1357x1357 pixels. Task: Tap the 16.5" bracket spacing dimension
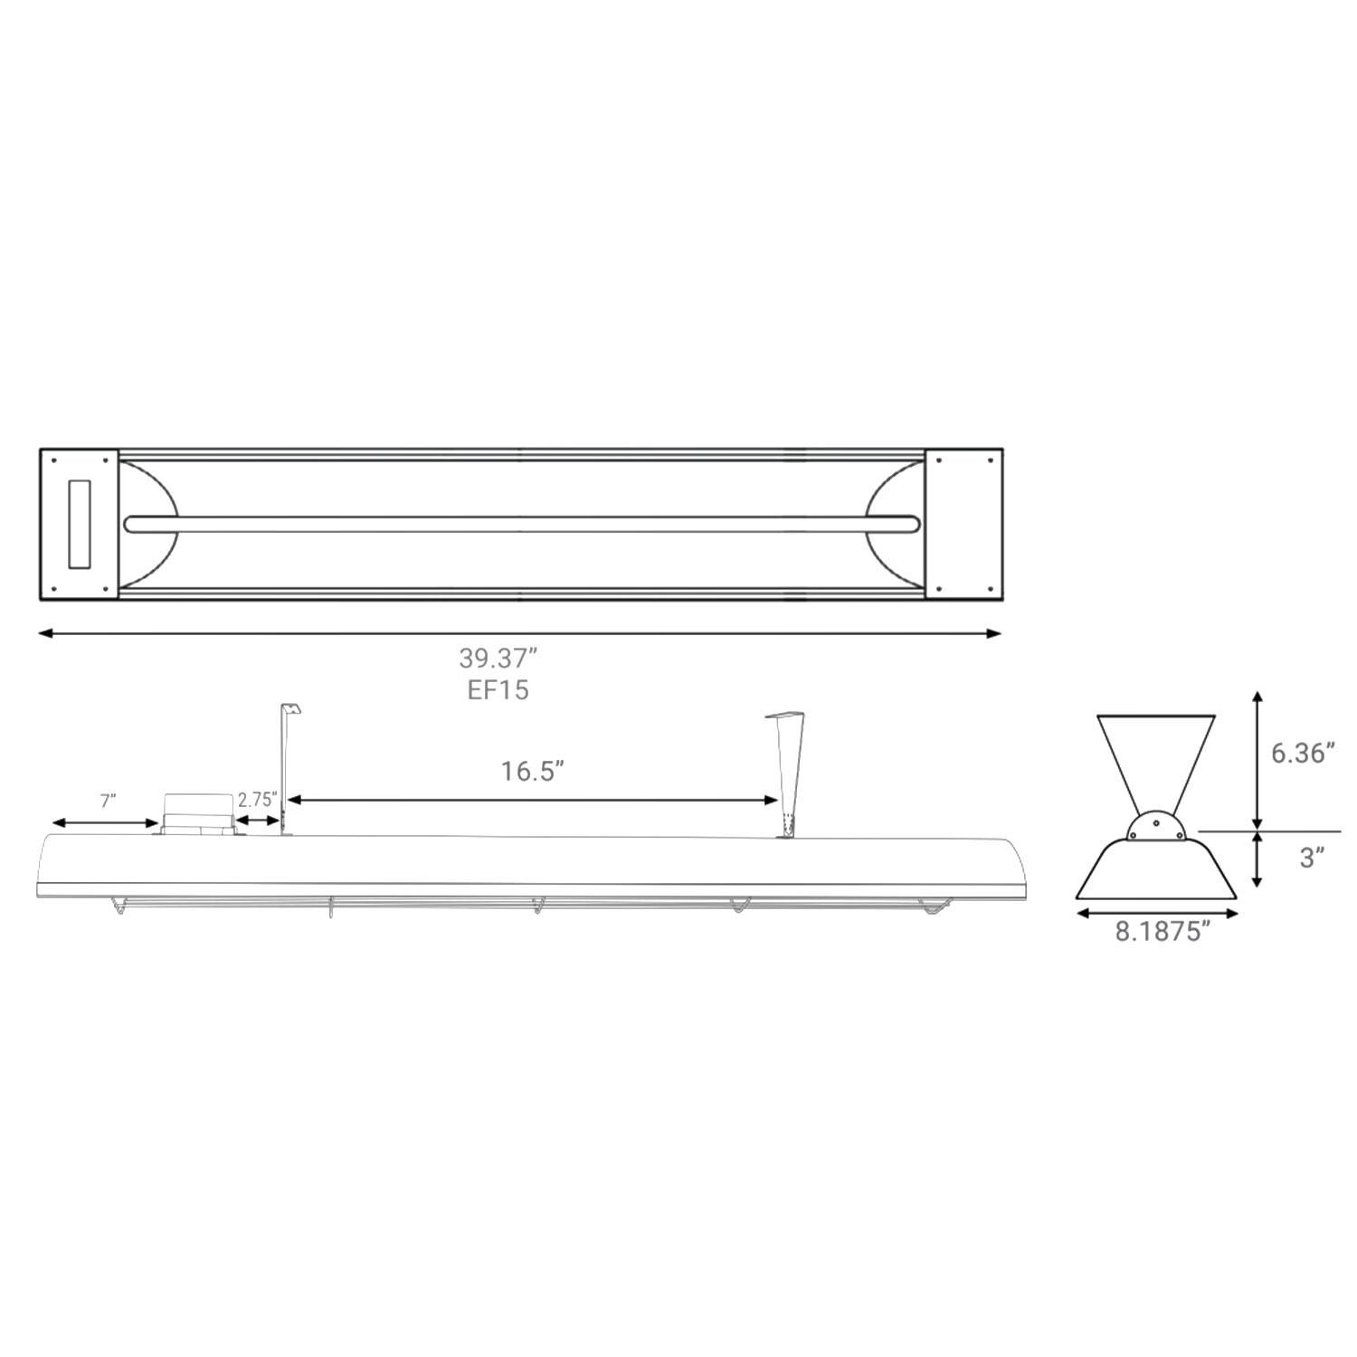coord(533,772)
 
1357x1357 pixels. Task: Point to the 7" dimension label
coord(108,801)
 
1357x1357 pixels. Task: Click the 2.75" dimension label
coord(257,800)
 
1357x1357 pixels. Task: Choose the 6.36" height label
coord(1303,753)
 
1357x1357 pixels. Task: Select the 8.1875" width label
coord(1162,932)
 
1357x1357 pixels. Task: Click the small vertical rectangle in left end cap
coord(80,524)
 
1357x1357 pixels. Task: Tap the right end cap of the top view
coord(963,524)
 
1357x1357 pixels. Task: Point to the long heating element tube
coord(522,524)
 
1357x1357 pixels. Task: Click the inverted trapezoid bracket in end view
coord(1155,758)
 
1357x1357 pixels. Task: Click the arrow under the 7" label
coord(105,822)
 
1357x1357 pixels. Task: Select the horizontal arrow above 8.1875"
coord(1156,914)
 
